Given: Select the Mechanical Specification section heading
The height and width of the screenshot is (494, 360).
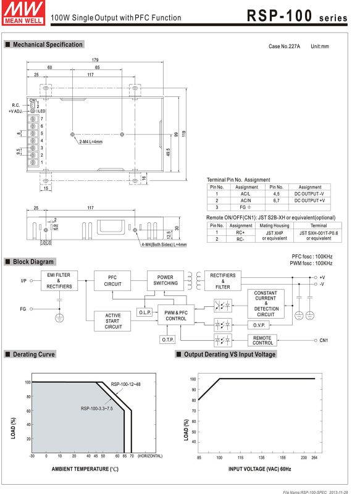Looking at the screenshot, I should pos(47,44).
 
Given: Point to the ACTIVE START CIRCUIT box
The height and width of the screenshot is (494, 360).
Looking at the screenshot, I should pos(112,321).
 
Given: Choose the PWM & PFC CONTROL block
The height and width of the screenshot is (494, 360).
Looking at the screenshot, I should pos(175,316).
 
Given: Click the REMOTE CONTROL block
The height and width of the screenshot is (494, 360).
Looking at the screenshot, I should pos(262,340).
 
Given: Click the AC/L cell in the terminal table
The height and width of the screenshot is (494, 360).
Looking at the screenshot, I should pos(246,194).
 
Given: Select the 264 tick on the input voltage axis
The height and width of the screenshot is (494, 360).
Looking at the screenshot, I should pos(314,458).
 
